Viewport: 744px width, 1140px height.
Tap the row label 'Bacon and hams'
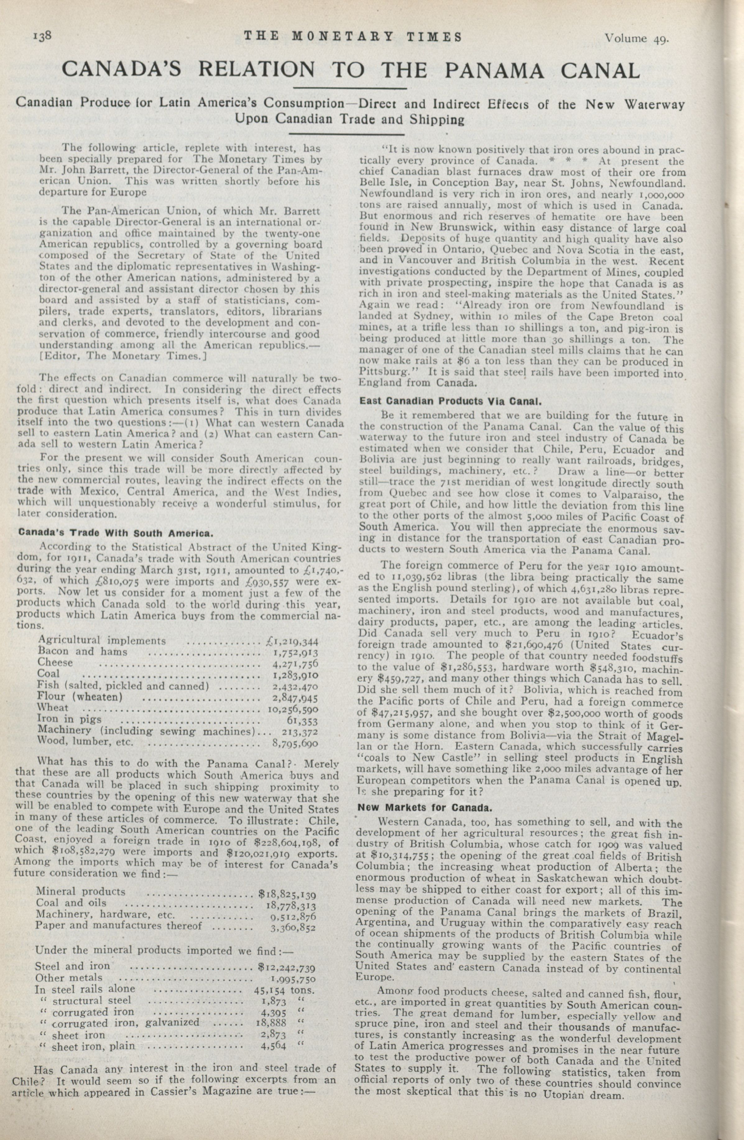82,652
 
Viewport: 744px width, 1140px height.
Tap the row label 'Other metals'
69,977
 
